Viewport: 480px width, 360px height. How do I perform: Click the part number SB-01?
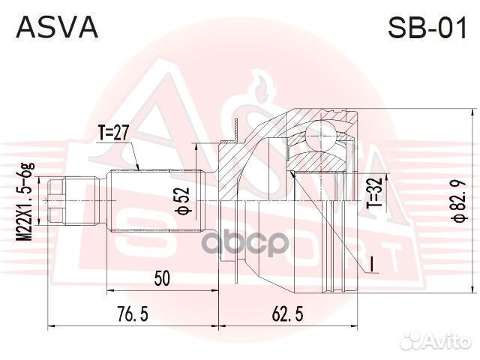(424, 28)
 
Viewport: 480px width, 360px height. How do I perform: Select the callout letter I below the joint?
(370, 263)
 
